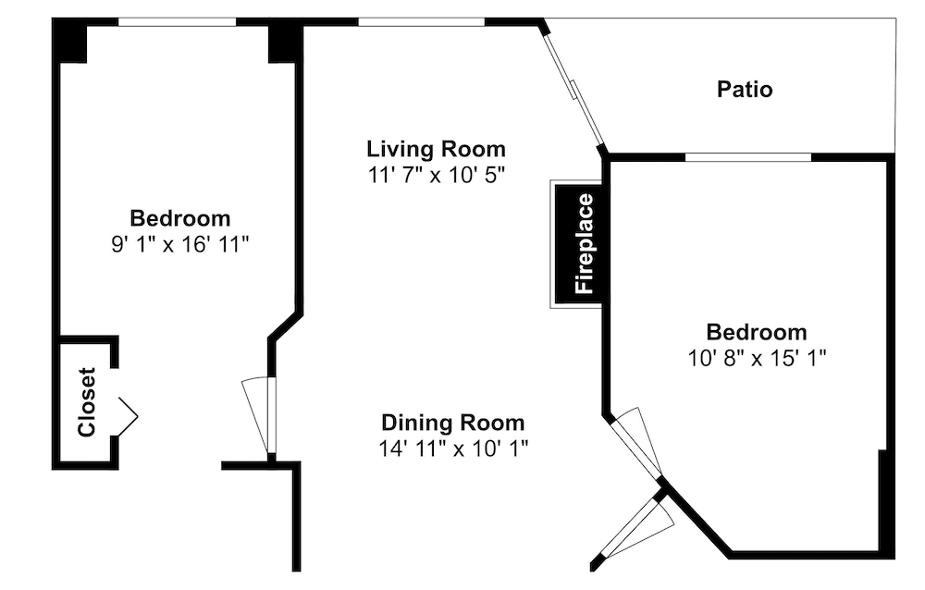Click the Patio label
pos(745,90)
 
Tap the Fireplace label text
pos(584,243)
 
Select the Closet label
pos(87,402)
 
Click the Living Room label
pos(436,149)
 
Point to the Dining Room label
pos(452,423)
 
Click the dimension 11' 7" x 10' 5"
pos(437,175)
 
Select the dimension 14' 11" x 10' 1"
pos(453,449)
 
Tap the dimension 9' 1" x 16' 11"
pos(180,243)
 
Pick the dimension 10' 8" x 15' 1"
pos(757,358)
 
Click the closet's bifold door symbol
pos(128,416)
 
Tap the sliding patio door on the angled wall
pos(574,90)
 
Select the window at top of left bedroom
pos(177,22)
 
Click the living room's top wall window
pos(421,22)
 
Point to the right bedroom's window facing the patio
pos(748,157)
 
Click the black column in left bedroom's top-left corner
pos(69,40)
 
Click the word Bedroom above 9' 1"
pos(180,218)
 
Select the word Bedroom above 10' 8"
pos(757,332)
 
